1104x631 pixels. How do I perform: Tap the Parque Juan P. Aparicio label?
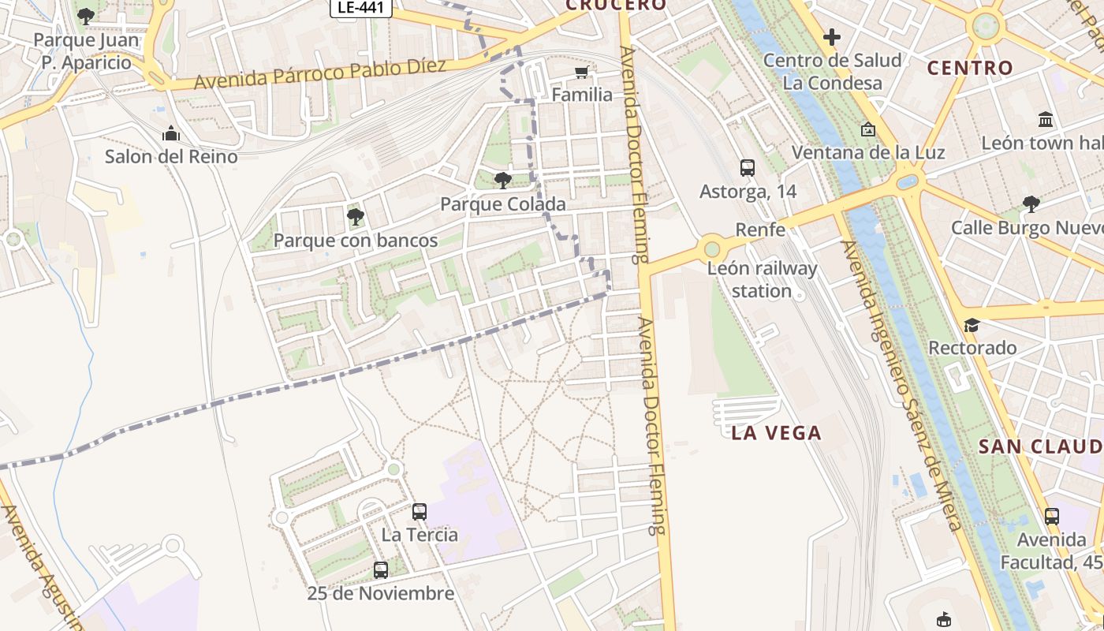tap(87, 51)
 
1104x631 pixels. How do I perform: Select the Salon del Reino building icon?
tap(171, 134)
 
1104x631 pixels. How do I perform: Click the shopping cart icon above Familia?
tap(582, 73)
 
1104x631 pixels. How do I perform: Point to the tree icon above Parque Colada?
tap(502, 181)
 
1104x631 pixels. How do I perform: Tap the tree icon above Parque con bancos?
tap(355, 216)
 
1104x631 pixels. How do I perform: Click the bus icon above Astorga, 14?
tap(748, 168)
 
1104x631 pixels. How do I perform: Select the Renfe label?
tap(760, 230)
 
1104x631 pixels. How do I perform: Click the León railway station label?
tap(762, 279)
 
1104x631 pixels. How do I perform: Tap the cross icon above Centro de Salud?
tap(831, 37)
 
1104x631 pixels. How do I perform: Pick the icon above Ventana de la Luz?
tap(868, 129)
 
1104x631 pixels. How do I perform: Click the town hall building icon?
tap(1046, 120)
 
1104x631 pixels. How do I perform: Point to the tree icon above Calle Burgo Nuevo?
tap(1031, 204)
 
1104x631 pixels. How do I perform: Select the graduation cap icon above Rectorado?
tap(972, 326)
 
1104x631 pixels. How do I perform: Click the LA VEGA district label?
tap(776, 433)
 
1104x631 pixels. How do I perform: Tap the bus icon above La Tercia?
tap(420, 512)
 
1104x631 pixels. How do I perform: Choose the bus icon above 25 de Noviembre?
tap(381, 570)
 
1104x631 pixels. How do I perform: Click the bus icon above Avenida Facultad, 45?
tap(1052, 517)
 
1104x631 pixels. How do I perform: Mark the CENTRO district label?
tap(970, 68)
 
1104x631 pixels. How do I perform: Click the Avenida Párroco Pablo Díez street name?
tap(320, 73)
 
